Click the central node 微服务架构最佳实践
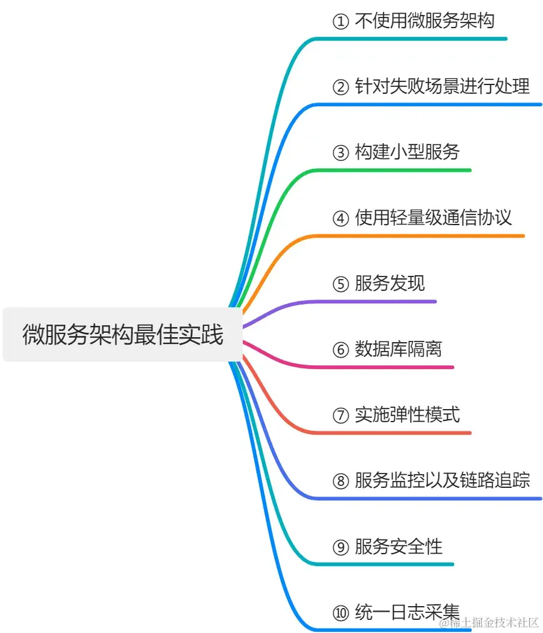pyautogui.click(x=123, y=334)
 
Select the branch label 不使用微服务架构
pyautogui.click(x=424, y=21)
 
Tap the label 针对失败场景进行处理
pyautogui.click(x=442, y=86)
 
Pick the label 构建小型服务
pyautogui.click(x=407, y=152)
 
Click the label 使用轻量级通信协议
pyautogui.click(x=433, y=218)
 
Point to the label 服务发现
pyautogui.click(x=389, y=283)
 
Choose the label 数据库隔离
pyautogui.click(x=398, y=349)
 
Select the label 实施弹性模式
pyautogui.click(x=407, y=415)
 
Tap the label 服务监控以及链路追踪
pyautogui.click(x=442, y=480)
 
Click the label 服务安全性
pyautogui.click(x=398, y=546)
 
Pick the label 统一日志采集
pyautogui.click(x=407, y=611)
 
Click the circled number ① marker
pyautogui.click(x=340, y=21)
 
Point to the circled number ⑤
pyautogui.click(x=340, y=284)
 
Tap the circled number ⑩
pyautogui.click(x=340, y=612)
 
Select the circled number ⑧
pyautogui.click(x=340, y=481)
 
